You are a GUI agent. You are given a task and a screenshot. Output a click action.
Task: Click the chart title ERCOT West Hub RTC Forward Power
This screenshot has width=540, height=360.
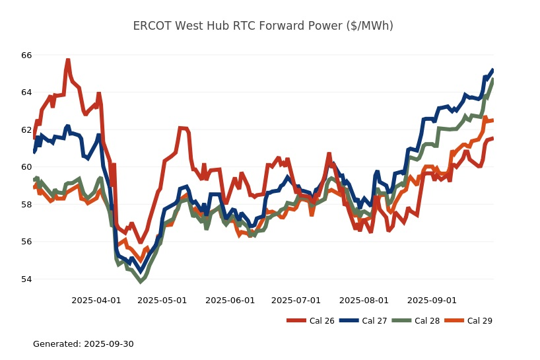[263, 26]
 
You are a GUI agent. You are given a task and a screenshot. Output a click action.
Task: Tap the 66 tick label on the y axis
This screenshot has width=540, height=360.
[26, 55]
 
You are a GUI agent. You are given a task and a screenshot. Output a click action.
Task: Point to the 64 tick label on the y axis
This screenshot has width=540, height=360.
[26, 92]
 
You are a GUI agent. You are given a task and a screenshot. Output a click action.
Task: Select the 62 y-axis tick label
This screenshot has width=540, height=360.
[26, 129]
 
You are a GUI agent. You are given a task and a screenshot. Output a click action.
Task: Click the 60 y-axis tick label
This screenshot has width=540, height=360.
[26, 166]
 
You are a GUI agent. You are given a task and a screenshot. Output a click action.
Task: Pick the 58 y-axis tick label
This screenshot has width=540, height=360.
[26, 204]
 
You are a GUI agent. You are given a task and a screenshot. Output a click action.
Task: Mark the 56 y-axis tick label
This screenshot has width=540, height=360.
[26, 241]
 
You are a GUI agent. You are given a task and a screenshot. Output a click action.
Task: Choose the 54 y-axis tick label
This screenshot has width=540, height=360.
[26, 279]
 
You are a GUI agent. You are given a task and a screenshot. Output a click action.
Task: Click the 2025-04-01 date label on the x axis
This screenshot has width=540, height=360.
[96, 300]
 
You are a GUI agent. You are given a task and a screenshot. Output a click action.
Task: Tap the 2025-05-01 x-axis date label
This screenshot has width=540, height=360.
[162, 300]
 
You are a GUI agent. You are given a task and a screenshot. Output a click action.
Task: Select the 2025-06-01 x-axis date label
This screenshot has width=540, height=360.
[230, 300]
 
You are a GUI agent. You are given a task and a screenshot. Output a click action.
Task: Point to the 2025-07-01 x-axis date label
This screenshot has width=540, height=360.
[296, 300]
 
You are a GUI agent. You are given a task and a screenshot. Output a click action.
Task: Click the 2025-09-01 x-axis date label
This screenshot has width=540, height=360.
[432, 300]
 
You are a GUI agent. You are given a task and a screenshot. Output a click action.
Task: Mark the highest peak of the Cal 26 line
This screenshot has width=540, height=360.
[68, 60]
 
